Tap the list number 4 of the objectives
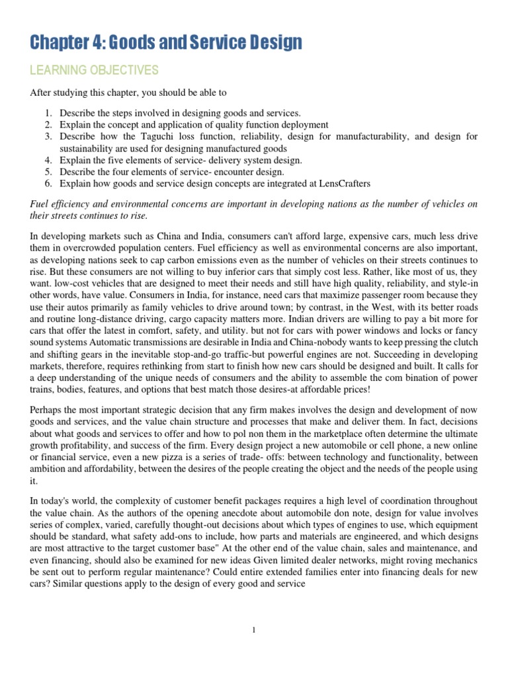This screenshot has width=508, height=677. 48,160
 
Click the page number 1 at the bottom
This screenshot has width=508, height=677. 254,630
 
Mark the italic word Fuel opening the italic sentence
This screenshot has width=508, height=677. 40,204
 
